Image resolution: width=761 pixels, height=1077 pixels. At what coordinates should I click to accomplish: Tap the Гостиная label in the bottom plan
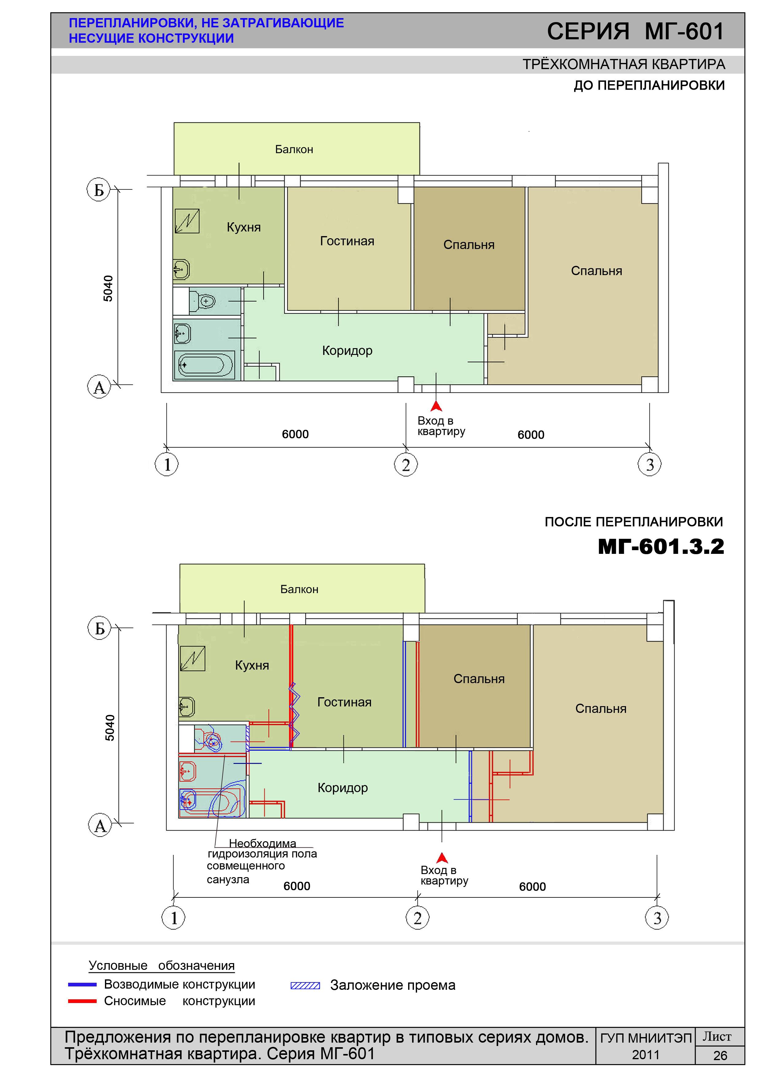(344, 702)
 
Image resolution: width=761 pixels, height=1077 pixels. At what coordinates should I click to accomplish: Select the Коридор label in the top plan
(347, 351)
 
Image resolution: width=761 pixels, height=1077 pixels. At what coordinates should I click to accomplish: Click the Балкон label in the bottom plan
(299, 589)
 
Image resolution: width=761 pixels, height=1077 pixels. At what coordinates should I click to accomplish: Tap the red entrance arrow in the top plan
(437, 406)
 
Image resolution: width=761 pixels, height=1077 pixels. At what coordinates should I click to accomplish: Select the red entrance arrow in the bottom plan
(442, 858)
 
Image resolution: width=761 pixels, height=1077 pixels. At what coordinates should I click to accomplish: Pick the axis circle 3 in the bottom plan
(657, 918)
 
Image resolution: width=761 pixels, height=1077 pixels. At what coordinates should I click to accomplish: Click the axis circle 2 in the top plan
(406, 465)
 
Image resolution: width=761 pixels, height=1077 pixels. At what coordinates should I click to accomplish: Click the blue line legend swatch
(82, 985)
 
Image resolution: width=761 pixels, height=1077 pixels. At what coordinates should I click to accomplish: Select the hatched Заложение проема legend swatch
(305, 986)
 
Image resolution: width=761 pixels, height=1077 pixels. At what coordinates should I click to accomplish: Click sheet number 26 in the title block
(720, 1056)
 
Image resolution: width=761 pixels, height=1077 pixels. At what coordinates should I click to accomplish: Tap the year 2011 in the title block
(646, 1055)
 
